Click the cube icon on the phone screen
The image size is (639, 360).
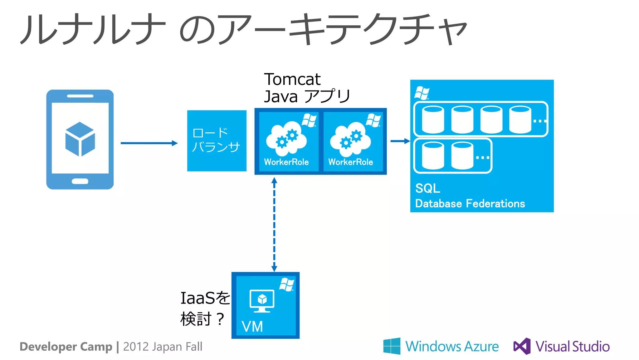point(80,139)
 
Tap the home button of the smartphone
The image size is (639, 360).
point(80,181)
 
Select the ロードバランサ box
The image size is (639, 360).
point(217,141)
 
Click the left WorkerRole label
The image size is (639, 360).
point(286,162)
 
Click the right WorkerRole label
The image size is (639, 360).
point(350,162)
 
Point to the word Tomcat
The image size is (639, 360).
point(292,79)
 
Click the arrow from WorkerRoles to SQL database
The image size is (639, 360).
point(400,141)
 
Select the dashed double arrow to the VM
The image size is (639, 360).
point(274,224)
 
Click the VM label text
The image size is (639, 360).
point(252,327)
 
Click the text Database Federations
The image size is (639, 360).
point(470,204)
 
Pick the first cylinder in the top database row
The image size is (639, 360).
point(433,120)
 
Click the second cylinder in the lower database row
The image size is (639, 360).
point(462,155)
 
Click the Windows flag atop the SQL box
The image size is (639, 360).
point(422,93)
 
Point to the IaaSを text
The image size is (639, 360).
point(205,298)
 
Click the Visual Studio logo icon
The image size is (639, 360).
point(522,346)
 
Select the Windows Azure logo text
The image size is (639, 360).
point(452,346)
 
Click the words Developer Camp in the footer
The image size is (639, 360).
point(66,347)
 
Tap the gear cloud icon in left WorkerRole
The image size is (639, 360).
point(286,139)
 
